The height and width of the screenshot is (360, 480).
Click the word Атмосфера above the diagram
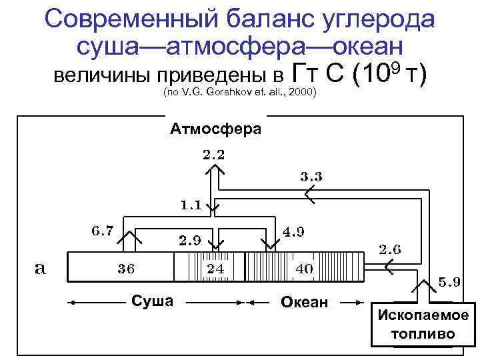click(x=216, y=128)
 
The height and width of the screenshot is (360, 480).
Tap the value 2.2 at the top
click(x=213, y=155)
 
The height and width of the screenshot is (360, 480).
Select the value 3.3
click(x=311, y=177)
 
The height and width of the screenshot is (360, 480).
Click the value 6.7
click(x=103, y=231)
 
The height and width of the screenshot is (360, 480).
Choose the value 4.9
click(x=294, y=232)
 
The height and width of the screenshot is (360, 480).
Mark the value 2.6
click(x=390, y=250)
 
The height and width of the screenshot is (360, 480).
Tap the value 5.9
click(x=449, y=281)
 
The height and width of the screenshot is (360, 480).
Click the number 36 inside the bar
click(x=127, y=269)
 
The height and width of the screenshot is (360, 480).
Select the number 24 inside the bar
click(x=215, y=269)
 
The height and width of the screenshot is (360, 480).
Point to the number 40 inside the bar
click(x=304, y=269)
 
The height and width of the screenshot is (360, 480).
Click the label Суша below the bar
click(x=153, y=301)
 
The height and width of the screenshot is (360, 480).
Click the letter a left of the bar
click(x=40, y=268)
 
